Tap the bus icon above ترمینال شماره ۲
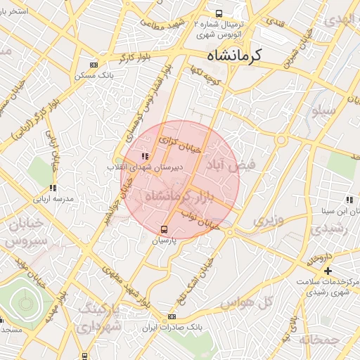219,13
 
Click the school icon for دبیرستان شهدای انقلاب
144,157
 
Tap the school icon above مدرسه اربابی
52,188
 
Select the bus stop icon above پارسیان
165,229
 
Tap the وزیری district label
268,221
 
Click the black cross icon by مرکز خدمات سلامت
328,271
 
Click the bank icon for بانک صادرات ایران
171,317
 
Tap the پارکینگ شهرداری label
99,317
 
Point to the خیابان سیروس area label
25,231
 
